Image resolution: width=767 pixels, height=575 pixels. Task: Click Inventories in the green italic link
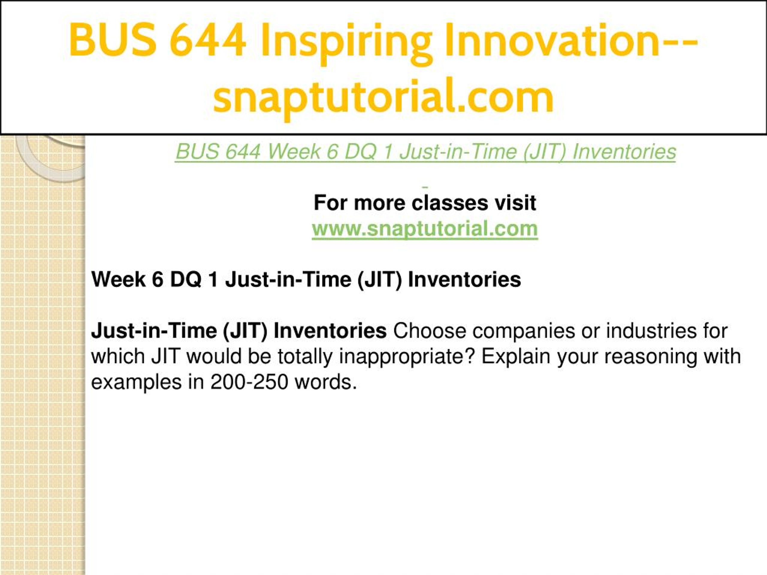coord(624,152)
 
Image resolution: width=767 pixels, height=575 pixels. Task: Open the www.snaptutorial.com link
coord(425,229)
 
